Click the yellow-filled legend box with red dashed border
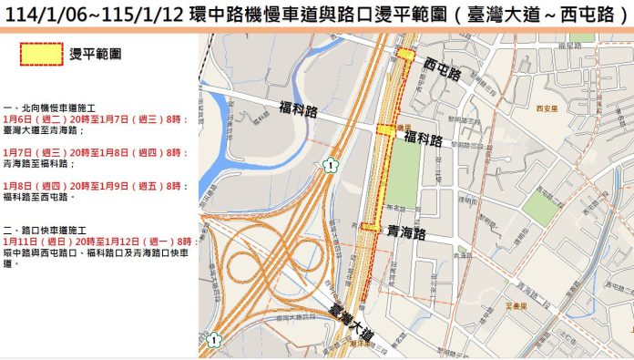[x=34, y=56]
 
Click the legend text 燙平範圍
[x=92, y=56]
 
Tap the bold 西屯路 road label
[x=443, y=66]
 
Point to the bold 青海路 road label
[x=407, y=232]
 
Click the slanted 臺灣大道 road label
[x=352, y=324]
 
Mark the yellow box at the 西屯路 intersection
[x=404, y=56]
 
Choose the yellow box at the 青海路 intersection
[x=370, y=225]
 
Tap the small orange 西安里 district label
[x=547, y=108]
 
